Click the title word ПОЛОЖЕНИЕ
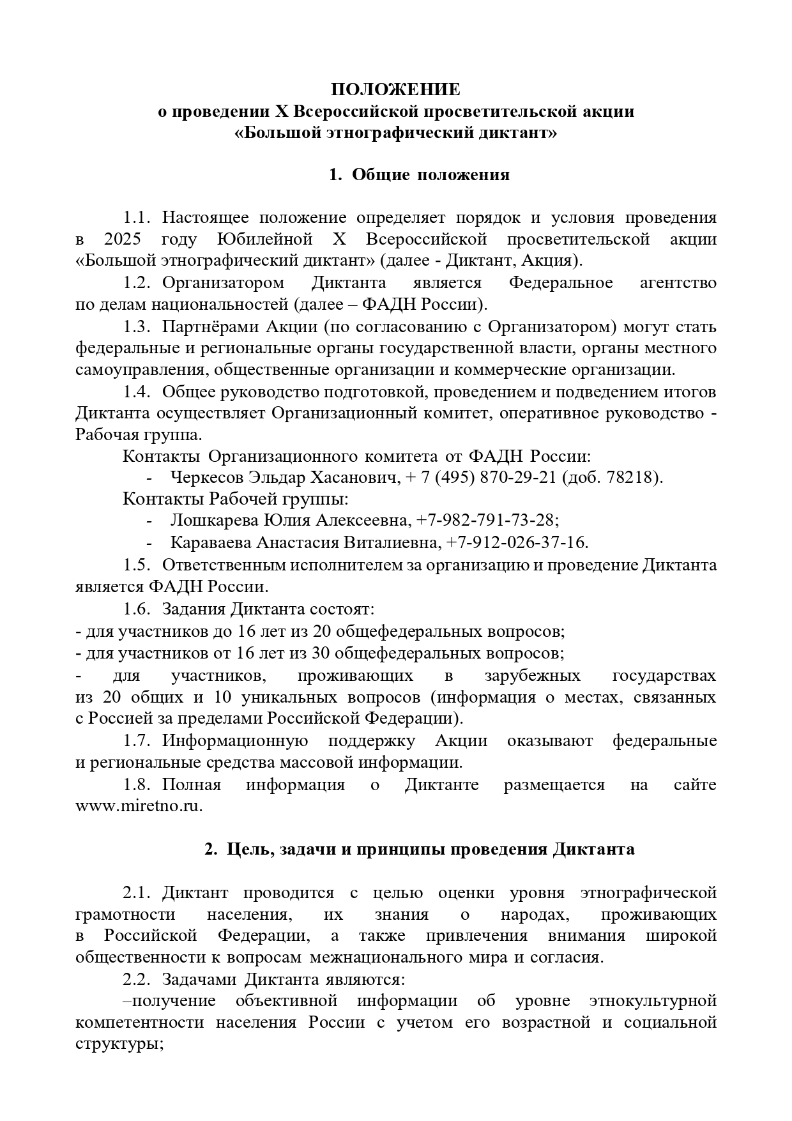[x=396, y=89]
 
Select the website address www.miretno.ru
[x=139, y=806]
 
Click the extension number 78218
[x=633, y=477]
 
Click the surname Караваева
[x=211, y=542]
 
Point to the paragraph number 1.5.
[x=137, y=565]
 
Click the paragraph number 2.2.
[x=137, y=980]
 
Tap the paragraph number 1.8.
[x=137, y=784]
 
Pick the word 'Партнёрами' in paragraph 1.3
[x=202, y=327]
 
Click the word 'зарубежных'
[x=532, y=676]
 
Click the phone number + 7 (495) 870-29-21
[x=481, y=477]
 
